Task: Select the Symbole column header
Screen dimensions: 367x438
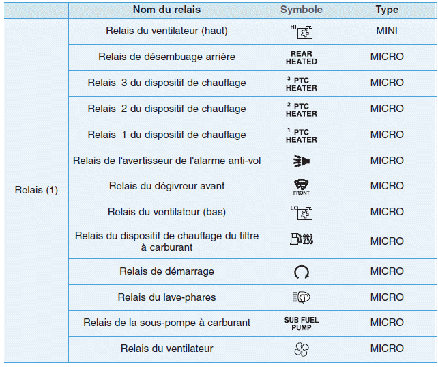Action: pyautogui.click(x=301, y=10)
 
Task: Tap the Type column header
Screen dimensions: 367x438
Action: pyautogui.click(x=387, y=10)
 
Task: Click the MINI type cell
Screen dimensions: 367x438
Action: pyautogui.click(x=387, y=31)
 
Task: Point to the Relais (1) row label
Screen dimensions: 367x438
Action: pyautogui.click(x=36, y=191)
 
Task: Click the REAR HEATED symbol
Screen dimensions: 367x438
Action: pyautogui.click(x=301, y=57)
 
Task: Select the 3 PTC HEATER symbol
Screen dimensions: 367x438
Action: pyautogui.click(x=301, y=83)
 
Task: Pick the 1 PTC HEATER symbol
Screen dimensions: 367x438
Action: pyautogui.click(x=301, y=135)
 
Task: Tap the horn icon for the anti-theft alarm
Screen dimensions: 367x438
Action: pyautogui.click(x=301, y=161)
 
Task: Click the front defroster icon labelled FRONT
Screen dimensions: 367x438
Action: pyautogui.click(x=301, y=187)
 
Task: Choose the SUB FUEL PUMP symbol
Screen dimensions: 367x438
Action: pyautogui.click(x=301, y=323)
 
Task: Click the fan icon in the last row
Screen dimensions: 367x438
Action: pyautogui.click(x=301, y=349)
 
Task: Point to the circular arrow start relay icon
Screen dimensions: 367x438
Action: pyautogui.click(x=301, y=272)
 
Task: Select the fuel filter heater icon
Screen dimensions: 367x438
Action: pyautogui.click(x=301, y=240)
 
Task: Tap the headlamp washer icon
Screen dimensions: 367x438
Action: pyautogui.click(x=301, y=297)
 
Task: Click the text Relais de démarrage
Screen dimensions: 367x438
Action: pyautogui.click(x=166, y=271)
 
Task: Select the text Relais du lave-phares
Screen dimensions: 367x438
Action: pyautogui.click(x=166, y=297)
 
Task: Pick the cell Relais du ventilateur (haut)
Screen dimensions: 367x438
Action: pyautogui.click(x=166, y=31)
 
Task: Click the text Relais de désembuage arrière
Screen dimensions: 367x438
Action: pyautogui.click(x=166, y=57)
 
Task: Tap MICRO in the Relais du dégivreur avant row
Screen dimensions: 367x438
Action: pyautogui.click(x=387, y=186)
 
